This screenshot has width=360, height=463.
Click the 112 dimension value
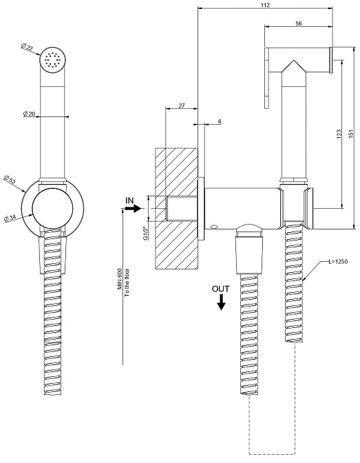(x=265, y=5)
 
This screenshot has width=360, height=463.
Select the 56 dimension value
(x=298, y=23)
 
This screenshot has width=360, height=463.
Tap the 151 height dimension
(x=351, y=134)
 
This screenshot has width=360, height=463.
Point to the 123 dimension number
(x=339, y=134)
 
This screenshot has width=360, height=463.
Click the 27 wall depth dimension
(x=182, y=105)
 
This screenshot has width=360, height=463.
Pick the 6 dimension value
(x=220, y=121)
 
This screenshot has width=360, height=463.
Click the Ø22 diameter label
(x=27, y=48)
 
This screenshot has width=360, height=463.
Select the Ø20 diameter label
(x=29, y=114)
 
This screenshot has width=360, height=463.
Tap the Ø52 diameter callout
(x=10, y=179)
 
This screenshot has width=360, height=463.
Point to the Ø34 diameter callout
(x=10, y=219)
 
